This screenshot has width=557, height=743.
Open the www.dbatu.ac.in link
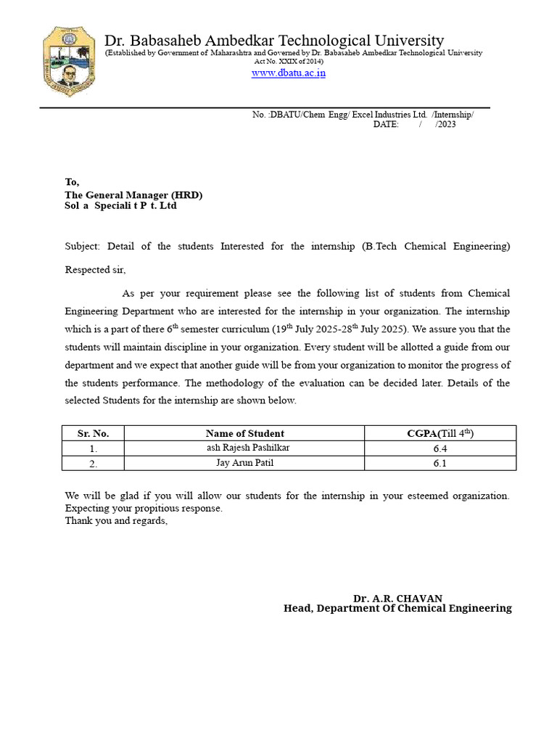pyautogui.click(x=288, y=73)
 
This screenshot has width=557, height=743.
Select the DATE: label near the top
pyautogui.click(x=386, y=125)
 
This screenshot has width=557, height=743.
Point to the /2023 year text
pyautogui.click(x=445, y=125)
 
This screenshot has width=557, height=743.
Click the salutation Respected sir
pyautogui.click(x=95, y=270)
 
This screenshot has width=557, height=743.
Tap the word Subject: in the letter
pyautogui.click(x=83, y=246)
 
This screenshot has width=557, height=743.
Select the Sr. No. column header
pyautogui.click(x=93, y=433)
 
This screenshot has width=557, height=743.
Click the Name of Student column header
pyautogui.click(x=244, y=433)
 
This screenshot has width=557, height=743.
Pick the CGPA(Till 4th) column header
pyautogui.click(x=440, y=433)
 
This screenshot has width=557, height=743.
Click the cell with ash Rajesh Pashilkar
pyautogui.click(x=247, y=448)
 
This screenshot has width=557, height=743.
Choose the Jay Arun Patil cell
pyautogui.click(x=244, y=462)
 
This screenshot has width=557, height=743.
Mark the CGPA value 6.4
pyautogui.click(x=440, y=448)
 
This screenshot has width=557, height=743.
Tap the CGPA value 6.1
pyautogui.click(x=440, y=463)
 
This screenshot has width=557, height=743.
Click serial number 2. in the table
pyautogui.click(x=93, y=463)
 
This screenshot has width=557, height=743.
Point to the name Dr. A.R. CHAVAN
pyautogui.click(x=397, y=599)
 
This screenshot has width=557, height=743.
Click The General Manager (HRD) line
pyautogui.click(x=133, y=195)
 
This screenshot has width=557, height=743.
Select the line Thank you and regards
pyautogui.click(x=116, y=520)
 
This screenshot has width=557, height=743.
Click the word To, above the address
pyautogui.click(x=72, y=182)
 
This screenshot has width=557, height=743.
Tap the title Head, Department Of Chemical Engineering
pyautogui.click(x=397, y=608)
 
